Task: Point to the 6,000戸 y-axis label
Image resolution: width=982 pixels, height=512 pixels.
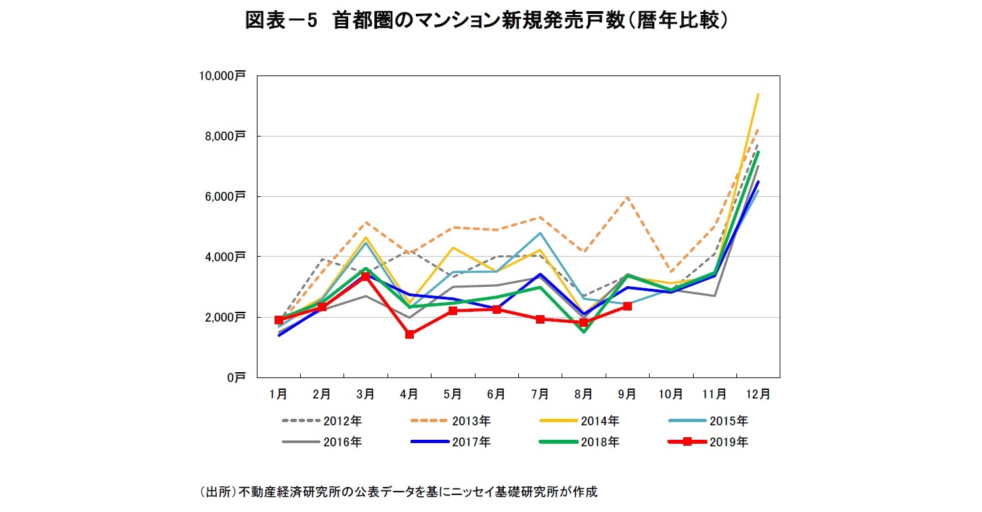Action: pos(225,196)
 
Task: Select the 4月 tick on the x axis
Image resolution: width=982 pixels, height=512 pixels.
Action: pos(409,395)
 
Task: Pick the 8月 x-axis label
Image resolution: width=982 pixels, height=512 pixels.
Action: pos(583,395)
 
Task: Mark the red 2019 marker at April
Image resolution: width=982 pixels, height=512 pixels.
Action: pos(409,334)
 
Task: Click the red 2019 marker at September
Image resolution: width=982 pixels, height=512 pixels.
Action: pos(627,306)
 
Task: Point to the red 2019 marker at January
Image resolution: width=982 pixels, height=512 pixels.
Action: pos(279,320)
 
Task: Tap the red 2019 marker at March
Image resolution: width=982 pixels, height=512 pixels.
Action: pos(366,276)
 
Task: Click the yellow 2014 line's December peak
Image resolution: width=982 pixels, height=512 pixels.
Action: pos(758,94)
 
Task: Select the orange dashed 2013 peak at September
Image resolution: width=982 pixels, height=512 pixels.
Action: pos(627,197)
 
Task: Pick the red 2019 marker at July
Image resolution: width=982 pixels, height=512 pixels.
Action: pos(540,319)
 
